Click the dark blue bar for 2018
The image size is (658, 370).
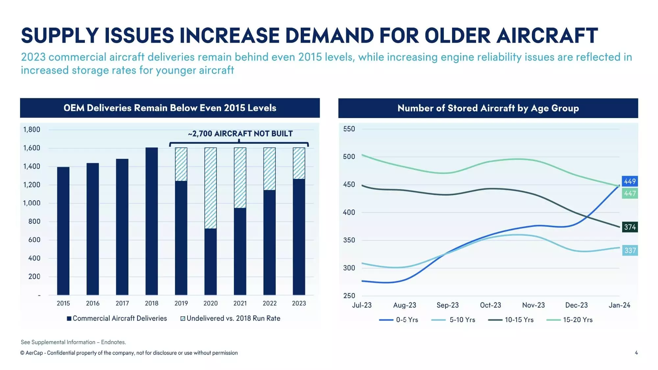[151, 221]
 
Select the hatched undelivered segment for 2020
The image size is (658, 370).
[211, 188]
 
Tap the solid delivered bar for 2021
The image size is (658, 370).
[240, 251]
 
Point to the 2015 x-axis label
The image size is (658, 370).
[63, 303]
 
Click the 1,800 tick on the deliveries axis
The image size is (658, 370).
[32, 130]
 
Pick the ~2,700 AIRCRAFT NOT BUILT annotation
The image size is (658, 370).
[240, 134]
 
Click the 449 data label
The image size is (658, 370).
[630, 181]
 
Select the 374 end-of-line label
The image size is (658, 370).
[630, 227]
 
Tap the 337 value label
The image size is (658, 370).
[630, 251]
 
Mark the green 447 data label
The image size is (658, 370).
[630, 193]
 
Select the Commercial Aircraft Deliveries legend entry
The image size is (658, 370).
[117, 318]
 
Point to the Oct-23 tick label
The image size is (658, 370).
[490, 305]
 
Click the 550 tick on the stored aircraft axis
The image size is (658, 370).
[349, 129]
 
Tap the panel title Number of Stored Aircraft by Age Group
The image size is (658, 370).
[488, 108]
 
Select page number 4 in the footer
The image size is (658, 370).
[636, 353]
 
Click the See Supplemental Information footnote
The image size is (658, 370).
[73, 342]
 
